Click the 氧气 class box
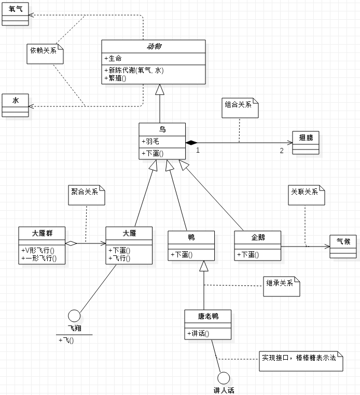16,13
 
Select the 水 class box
16,104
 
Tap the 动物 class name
154,46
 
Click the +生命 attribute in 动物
115,58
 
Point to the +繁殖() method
116,78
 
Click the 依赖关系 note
45,52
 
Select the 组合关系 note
240,107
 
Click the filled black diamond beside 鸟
191,142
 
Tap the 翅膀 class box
306,142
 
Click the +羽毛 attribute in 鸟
151,141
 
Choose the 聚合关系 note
87,194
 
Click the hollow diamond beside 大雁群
72,243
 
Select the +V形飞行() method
39,250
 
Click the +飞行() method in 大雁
120,258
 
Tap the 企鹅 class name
258,237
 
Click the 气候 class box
343,246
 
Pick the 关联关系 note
306,195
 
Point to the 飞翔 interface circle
74,316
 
